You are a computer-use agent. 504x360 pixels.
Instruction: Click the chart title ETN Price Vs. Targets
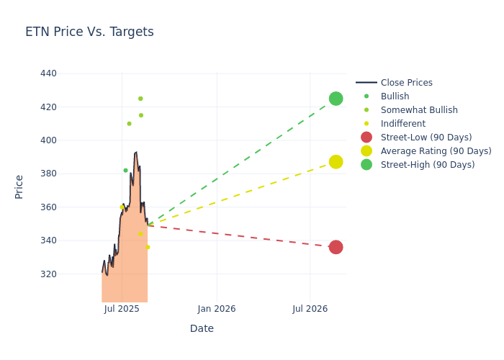pos(89,32)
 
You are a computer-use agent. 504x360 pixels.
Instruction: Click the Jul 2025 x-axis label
pos(122,309)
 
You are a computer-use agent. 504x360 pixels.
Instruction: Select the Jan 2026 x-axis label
pos(216,309)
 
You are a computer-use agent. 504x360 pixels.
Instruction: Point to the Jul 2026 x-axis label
pos(310,309)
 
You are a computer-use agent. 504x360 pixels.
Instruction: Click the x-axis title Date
pos(202,328)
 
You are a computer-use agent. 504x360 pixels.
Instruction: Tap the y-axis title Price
pos(19,186)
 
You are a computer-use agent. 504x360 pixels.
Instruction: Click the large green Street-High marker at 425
pos(336,99)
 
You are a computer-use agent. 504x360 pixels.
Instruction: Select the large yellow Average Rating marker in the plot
pos(336,162)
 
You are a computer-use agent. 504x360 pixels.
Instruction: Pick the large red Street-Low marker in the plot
pos(336,247)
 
